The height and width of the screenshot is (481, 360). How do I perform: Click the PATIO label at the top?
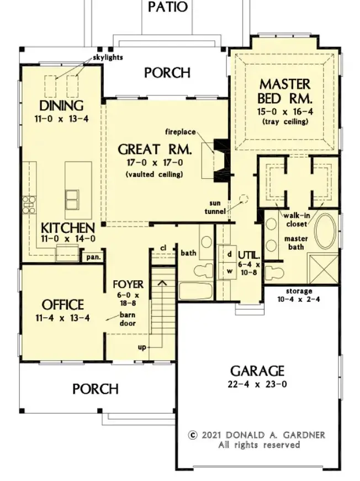(x=167, y=7)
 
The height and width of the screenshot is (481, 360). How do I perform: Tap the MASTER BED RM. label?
(x=284, y=92)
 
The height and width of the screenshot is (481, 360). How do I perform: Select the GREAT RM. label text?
(x=155, y=149)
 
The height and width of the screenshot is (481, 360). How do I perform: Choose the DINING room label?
(x=61, y=106)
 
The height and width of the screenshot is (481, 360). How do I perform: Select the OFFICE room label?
(x=63, y=305)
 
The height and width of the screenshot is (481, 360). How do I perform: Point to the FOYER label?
(x=128, y=285)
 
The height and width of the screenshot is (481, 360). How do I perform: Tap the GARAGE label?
(x=257, y=371)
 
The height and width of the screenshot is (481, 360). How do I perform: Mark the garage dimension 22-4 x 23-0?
(x=257, y=384)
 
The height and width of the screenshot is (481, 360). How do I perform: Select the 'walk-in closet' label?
(x=296, y=220)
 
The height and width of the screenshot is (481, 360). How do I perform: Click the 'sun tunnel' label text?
(x=221, y=207)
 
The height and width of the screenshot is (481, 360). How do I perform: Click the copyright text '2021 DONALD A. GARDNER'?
(x=257, y=435)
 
